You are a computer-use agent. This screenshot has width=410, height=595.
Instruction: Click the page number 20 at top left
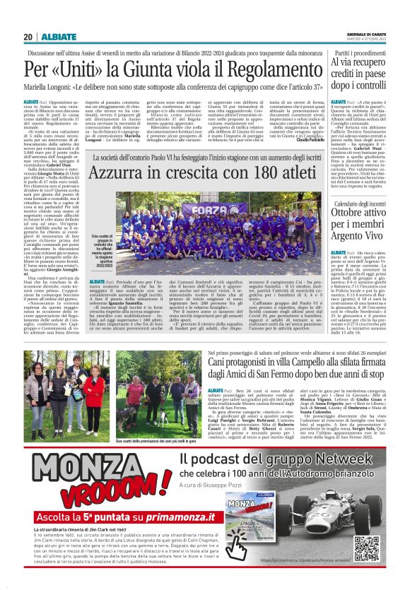(28, 37)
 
